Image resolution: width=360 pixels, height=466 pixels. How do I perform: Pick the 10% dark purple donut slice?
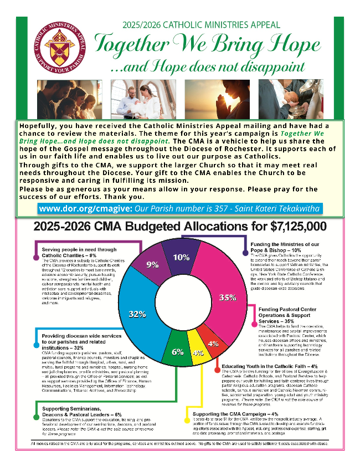click(x=181, y=258)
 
